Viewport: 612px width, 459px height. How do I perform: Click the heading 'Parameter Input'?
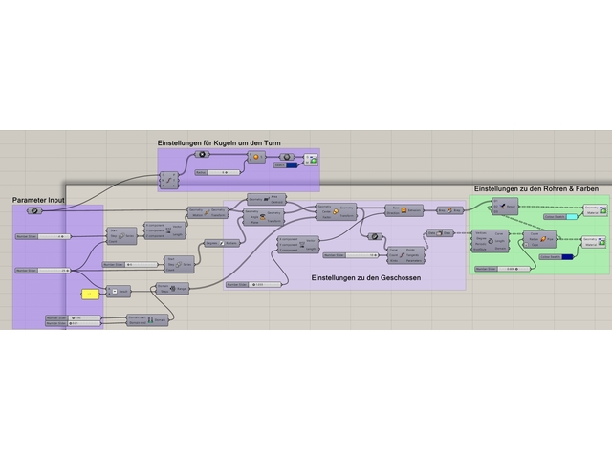[38, 200]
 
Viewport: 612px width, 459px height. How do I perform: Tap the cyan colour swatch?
[571, 217]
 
